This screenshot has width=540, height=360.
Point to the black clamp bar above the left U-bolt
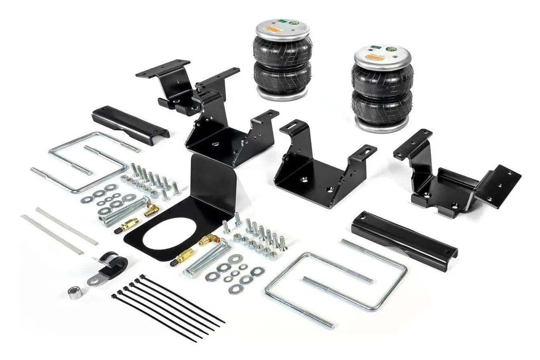pos(129,124)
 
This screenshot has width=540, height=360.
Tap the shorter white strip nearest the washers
pos(66,226)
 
